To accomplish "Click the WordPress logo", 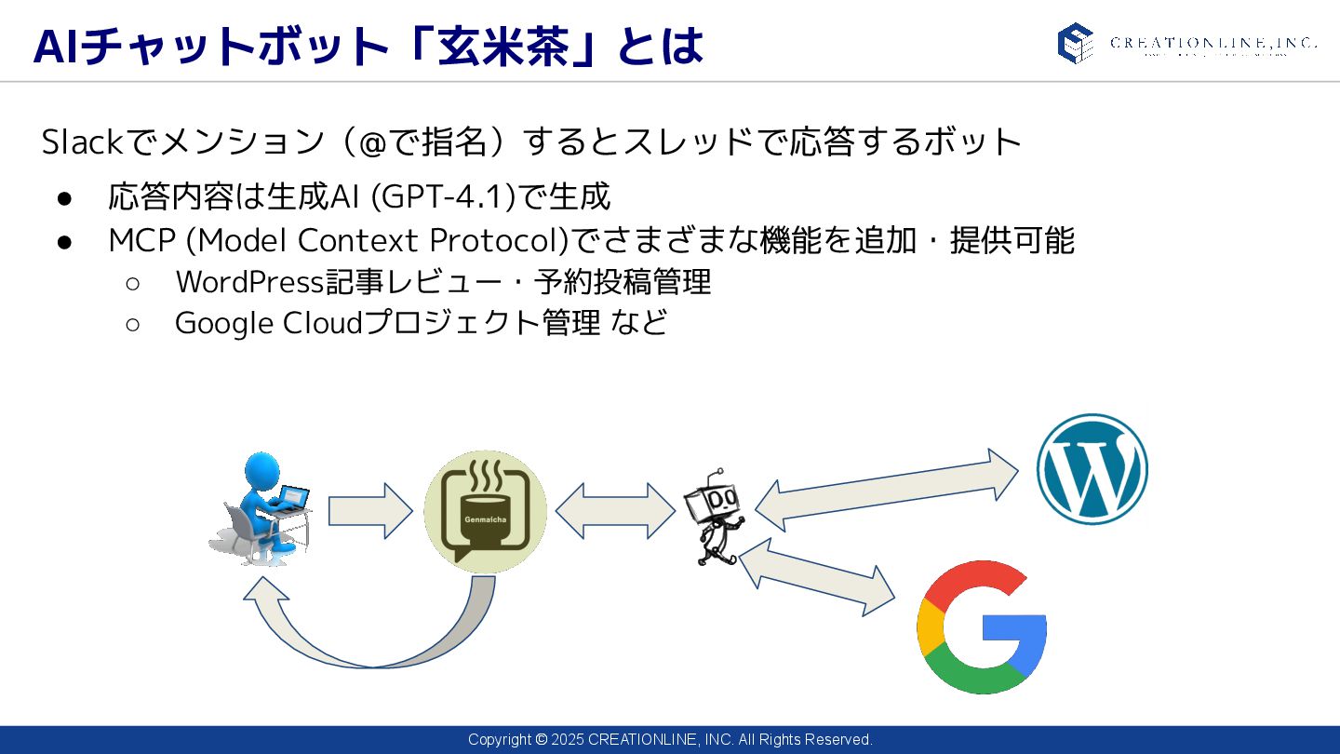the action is tap(1092, 469).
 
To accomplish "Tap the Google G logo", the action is tap(982, 626).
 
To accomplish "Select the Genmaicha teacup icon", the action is tap(485, 511).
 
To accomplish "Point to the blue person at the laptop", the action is tap(261, 507).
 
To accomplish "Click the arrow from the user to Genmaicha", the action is tap(369, 511).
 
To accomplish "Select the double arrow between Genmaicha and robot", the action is tap(615, 511).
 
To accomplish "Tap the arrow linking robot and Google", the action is tap(816, 577).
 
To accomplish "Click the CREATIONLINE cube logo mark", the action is tap(1075, 43).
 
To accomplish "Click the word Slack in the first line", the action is tap(82, 142).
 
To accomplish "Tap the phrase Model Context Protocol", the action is tap(376, 240).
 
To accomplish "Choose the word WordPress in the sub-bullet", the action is tap(248, 281).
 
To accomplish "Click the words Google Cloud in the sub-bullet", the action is tap(268, 322).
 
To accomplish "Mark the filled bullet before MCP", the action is tap(64, 241).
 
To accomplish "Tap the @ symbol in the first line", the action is tap(373, 142).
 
